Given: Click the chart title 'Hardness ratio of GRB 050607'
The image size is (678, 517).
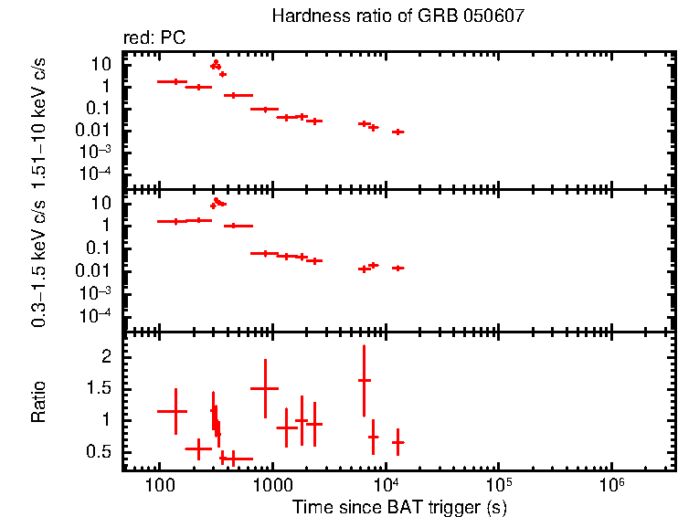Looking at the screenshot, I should pyautogui.click(x=397, y=17).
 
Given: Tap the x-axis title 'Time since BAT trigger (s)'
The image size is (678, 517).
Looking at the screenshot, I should pyautogui.click(x=399, y=506).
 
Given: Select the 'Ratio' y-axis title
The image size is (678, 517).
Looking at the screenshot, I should pyautogui.click(x=38, y=401).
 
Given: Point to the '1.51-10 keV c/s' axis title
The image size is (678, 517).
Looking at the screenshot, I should pyautogui.click(x=38, y=119).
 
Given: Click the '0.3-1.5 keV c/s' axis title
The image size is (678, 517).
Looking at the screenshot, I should pyautogui.click(x=38, y=261).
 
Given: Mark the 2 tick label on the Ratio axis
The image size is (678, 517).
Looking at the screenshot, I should pyautogui.click(x=106, y=356).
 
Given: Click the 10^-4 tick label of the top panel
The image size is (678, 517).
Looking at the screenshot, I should pyautogui.click(x=95, y=173).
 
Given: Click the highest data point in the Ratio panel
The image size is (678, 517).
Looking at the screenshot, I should pyautogui.click(x=364, y=380).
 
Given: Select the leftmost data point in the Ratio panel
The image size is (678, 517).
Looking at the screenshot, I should pyautogui.click(x=173, y=411).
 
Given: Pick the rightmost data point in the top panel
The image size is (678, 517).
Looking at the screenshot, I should pyautogui.click(x=397, y=132).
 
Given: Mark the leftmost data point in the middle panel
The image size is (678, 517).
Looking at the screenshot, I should pyautogui.click(x=173, y=221).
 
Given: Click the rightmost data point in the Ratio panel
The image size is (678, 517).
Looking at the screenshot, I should pyautogui.click(x=397, y=442).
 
